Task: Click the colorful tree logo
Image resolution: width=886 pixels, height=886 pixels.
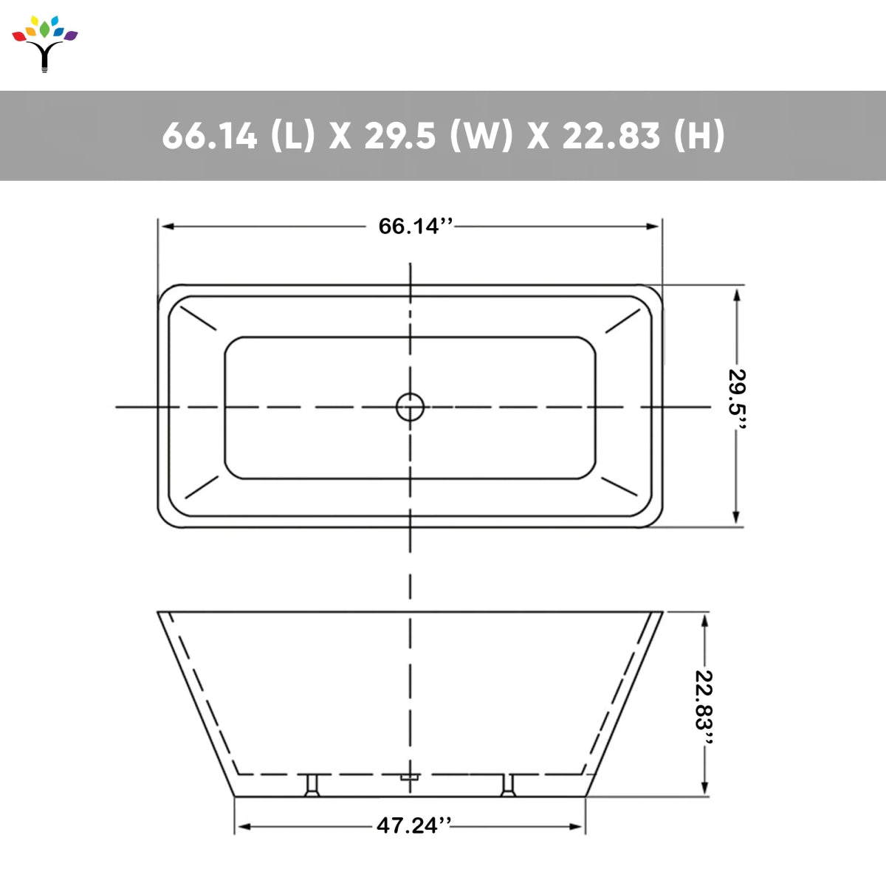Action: tap(45, 43)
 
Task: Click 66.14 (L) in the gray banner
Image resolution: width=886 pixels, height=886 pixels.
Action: tap(238, 136)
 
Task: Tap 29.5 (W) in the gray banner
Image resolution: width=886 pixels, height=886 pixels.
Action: tap(438, 136)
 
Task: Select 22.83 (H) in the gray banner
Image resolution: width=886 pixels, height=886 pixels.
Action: tap(643, 136)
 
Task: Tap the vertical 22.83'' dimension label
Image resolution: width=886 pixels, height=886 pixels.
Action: tap(705, 700)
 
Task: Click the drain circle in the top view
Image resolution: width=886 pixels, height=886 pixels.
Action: tap(410, 407)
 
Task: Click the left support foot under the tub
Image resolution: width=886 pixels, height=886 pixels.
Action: tap(312, 786)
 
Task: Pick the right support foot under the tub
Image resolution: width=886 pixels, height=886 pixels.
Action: tap(508, 786)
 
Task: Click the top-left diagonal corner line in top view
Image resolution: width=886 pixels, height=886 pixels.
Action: tap(198, 317)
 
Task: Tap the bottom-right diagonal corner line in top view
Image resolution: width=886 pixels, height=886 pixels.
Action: tap(619, 487)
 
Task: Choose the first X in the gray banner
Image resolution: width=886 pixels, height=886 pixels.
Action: tap(340, 136)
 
